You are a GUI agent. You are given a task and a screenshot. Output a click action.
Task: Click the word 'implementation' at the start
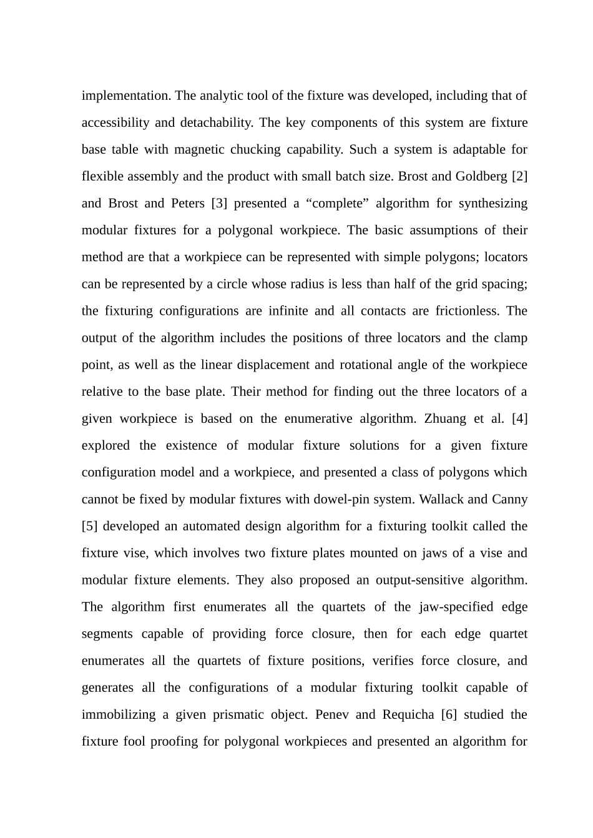pos(126,96)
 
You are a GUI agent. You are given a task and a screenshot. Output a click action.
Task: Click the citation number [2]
pos(519,176)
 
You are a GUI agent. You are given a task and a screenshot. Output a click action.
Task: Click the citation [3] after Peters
pos(218,203)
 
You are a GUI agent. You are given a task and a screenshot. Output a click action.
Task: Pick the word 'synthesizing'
pos(491,203)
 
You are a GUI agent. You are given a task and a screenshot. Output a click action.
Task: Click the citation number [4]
pos(519,418)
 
